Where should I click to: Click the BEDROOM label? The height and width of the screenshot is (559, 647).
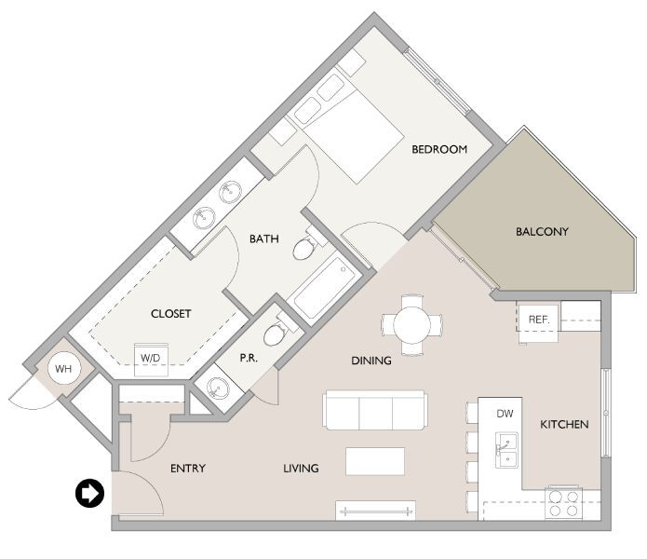click(439, 149)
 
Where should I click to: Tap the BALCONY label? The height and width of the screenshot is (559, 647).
click(542, 231)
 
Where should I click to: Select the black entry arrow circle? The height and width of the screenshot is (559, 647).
click(89, 494)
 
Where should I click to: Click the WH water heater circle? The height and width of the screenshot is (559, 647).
click(63, 370)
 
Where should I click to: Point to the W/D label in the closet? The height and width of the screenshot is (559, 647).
click(150, 358)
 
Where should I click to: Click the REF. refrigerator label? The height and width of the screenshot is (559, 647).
click(539, 320)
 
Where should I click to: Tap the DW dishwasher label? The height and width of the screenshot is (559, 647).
click(505, 413)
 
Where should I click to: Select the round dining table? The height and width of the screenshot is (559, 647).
click(411, 324)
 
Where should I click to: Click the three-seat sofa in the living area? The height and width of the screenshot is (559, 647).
click(374, 410)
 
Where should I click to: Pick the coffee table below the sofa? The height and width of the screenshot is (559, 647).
click(375, 461)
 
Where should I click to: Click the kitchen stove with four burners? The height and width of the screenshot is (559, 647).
click(562, 503)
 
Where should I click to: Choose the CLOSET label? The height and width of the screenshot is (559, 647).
click(170, 314)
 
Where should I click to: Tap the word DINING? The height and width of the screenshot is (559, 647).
click(371, 361)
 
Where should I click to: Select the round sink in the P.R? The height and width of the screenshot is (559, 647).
click(217, 388)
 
